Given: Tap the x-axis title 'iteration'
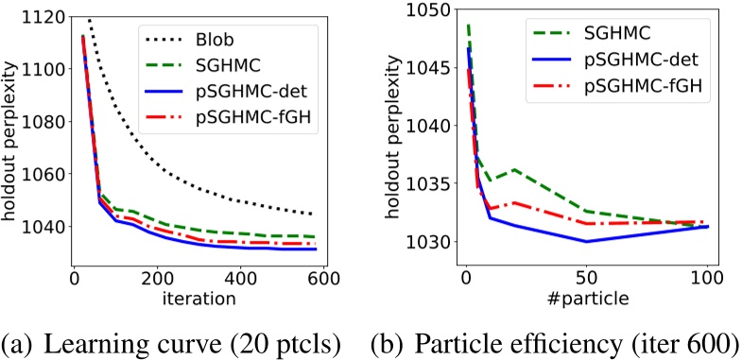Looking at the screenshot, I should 198,301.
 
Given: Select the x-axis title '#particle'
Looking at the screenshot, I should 586,301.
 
